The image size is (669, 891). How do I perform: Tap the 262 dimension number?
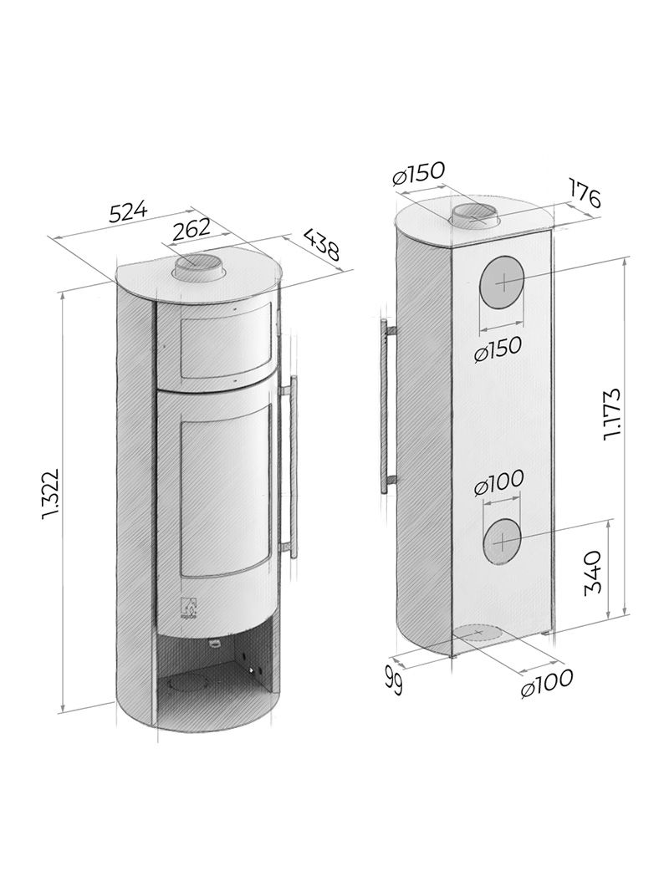tap(192, 228)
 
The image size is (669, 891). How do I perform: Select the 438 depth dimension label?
tap(320, 244)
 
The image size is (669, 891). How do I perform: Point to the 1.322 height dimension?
tap(50, 494)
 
